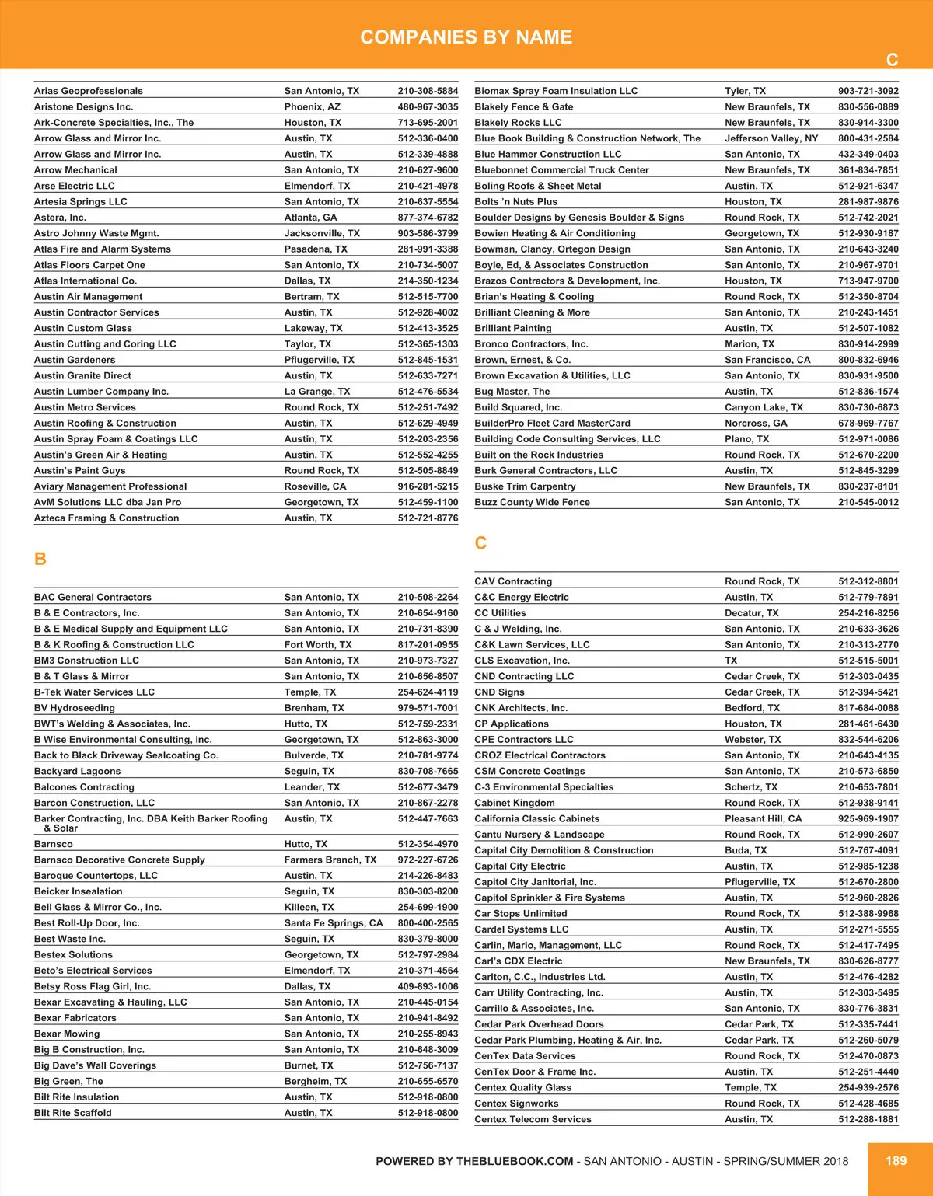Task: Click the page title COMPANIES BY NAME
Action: (x=466, y=37)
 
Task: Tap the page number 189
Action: (x=896, y=1160)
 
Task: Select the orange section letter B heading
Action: (x=40, y=559)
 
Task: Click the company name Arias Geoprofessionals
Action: (x=89, y=91)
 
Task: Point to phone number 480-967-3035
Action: (x=428, y=107)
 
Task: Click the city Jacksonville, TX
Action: (x=322, y=233)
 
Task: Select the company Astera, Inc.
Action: (x=60, y=218)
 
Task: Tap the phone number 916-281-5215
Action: (x=428, y=486)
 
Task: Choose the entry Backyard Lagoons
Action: (x=77, y=771)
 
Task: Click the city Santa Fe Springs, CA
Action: (x=334, y=923)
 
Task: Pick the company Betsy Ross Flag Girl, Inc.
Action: (x=93, y=986)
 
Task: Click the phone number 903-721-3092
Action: (x=868, y=91)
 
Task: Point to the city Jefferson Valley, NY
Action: (x=771, y=138)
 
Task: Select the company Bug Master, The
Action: (x=512, y=392)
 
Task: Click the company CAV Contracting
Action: (x=513, y=581)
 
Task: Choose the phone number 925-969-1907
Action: (x=868, y=818)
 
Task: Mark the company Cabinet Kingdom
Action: (x=515, y=803)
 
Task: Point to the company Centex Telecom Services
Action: (x=533, y=1119)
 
